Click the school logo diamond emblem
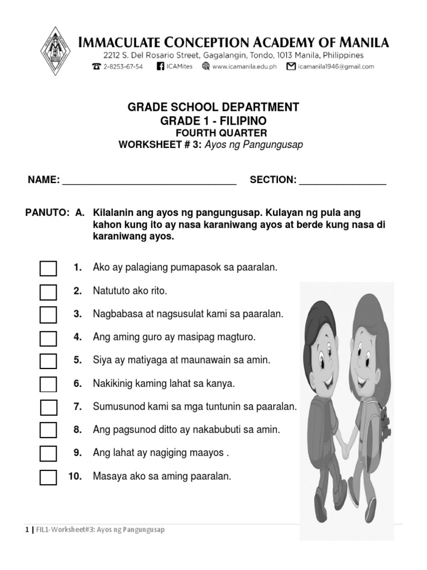click(x=56, y=49)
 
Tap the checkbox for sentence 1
click(x=48, y=268)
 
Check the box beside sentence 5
click(x=48, y=361)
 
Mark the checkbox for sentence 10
click(x=48, y=477)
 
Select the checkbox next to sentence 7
click(x=48, y=407)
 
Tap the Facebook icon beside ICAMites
click(x=161, y=66)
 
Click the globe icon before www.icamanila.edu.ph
click(x=206, y=66)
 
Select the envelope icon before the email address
click(x=290, y=66)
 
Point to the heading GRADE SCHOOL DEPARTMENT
click(x=213, y=107)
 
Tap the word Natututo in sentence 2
click(x=111, y=291)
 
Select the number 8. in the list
click(x=77, y=430)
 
